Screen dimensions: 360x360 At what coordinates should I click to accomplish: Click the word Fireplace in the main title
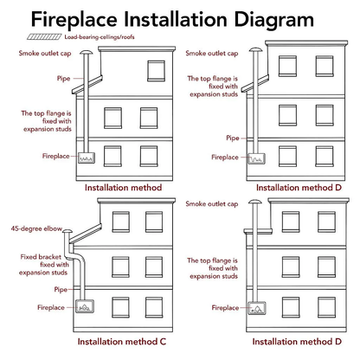74,19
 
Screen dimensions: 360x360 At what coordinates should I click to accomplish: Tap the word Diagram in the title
273,21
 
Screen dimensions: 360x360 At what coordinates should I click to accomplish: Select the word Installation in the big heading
176,19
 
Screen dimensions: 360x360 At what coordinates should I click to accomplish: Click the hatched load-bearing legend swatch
44,36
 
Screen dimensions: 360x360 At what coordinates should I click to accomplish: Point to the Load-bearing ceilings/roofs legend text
100,37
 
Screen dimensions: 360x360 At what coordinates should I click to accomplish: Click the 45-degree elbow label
36,228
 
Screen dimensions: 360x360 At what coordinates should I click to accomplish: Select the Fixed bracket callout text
44,265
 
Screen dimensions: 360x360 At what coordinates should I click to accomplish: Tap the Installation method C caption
122,342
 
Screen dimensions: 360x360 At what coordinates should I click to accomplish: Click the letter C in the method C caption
163,342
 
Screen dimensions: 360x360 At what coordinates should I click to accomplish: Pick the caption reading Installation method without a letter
123,188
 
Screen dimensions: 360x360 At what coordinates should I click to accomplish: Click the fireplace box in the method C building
85,306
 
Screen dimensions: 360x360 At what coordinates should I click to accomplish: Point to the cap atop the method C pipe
67,231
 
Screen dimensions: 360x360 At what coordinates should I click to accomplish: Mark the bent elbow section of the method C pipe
74,256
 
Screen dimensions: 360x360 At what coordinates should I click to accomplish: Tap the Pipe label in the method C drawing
61,289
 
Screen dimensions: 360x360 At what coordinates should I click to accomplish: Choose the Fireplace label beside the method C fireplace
51,307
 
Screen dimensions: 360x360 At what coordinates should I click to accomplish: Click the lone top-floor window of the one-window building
156,71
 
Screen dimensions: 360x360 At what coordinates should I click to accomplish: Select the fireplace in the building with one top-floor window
87,157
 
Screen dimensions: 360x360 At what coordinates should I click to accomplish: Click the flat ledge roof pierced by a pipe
258,231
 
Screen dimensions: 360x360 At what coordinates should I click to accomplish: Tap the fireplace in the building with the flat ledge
257,308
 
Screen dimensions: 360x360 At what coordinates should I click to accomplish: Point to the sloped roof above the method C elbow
86,233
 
